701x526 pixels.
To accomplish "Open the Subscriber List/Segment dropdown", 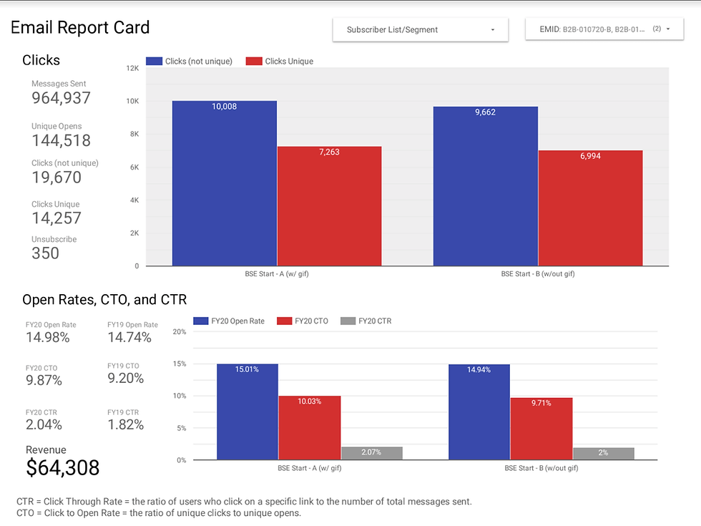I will [420, 30].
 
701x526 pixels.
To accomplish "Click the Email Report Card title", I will [80, 28].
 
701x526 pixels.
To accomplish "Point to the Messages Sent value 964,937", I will [62, 99].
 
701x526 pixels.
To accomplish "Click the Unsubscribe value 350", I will [45, 253].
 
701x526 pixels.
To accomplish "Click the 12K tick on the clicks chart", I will [132, 69].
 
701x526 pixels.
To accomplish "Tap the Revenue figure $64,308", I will [63, 467].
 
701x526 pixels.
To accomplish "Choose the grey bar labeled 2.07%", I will [371, 453].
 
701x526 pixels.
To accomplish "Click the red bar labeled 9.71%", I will [541, 429].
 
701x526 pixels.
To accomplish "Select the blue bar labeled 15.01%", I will [247, 411].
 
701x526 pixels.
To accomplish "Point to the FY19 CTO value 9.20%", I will [126, 379].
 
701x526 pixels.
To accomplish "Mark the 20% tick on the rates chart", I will [180, 332].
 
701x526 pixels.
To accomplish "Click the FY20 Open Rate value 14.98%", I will [47, 337].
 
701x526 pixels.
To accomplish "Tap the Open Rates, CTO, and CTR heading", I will [104, 300].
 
